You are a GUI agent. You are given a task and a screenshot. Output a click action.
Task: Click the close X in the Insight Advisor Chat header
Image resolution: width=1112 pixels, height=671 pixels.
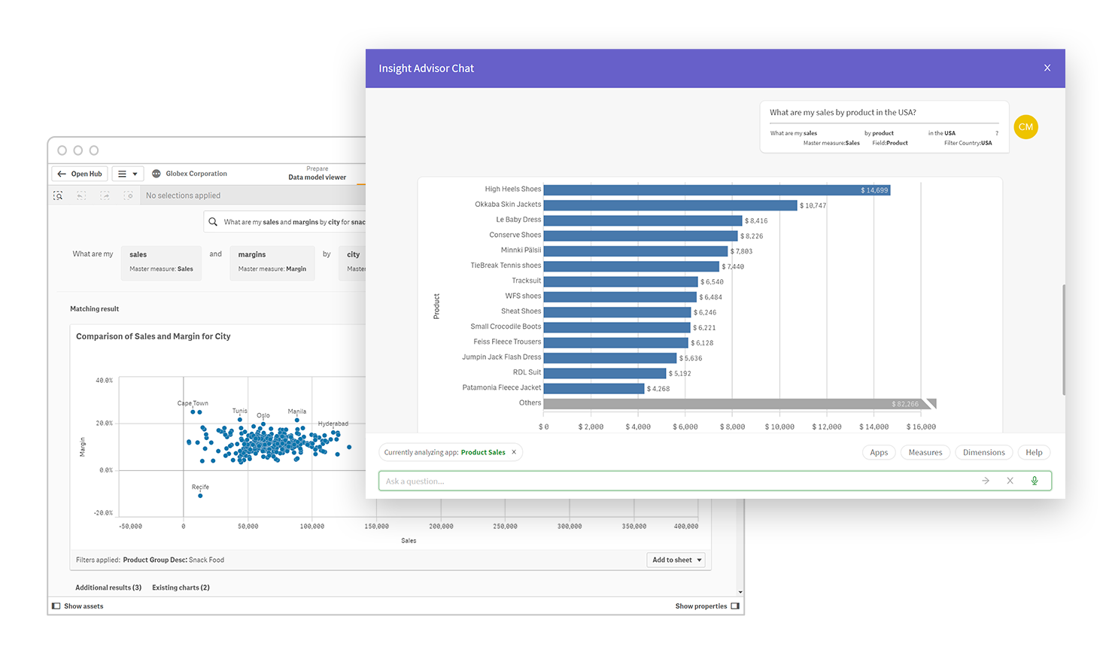click(x=1047, y=68)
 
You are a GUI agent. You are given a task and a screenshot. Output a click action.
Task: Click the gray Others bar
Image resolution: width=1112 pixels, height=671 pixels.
click(x=737, y=404)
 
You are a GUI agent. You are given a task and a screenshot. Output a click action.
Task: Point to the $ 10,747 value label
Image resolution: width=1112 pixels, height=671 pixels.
click(x=813, y=205)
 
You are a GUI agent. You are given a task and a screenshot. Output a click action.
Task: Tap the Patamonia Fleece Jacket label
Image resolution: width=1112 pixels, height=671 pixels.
click(x=501, y=387)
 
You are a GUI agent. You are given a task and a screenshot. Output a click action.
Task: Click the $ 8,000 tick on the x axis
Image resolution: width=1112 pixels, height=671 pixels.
click(x=732, y=427)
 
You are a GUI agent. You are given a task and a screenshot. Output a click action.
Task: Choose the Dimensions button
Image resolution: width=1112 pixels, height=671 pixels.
click(x=983, y=452)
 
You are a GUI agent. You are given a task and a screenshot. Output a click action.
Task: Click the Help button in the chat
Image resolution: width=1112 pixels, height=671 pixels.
click(x=1034, y=452)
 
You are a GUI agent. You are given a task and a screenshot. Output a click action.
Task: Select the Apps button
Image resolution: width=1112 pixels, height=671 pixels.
click(x=879, y=452)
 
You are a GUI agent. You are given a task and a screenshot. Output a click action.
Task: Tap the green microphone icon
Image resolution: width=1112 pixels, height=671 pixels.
click(x=1035, y=481)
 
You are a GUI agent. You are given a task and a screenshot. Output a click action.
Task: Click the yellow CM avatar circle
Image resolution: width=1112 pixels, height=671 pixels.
click(x=1025, y=127)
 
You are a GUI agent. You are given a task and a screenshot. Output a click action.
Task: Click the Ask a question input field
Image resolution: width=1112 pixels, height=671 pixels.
click(x=677, y=481)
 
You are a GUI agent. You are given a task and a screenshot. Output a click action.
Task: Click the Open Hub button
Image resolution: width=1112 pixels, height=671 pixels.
click(x=80, y=174)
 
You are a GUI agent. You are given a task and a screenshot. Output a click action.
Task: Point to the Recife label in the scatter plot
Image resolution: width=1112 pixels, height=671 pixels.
click(x=200, y=487)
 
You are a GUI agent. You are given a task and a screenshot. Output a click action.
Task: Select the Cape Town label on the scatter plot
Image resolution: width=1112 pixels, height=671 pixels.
click(x=193, y=403)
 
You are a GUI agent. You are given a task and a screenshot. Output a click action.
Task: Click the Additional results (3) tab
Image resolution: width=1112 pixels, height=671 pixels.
click(x=108, y=588)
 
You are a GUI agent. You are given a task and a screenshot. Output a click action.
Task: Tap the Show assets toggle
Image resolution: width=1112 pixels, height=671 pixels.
click(x=77, y=606)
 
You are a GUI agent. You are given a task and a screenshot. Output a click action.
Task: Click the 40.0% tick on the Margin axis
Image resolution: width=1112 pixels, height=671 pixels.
click(x=105, y=381)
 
